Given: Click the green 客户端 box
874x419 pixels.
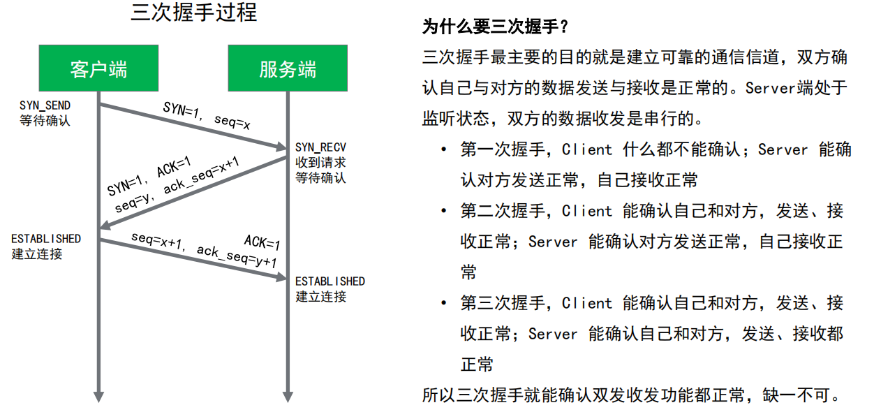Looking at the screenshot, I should point(98,68).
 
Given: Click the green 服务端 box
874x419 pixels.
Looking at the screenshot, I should point(288,68).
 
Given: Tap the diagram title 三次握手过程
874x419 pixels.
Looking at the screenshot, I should point(193,13).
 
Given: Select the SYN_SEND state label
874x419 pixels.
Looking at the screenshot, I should point(45,105).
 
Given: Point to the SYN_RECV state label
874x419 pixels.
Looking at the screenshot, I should point(320,147).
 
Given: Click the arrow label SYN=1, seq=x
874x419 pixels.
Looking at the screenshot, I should point(207,115).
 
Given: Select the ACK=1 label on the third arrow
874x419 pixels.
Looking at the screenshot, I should point(262,242).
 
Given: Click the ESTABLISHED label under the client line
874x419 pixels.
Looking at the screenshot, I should point(46,239).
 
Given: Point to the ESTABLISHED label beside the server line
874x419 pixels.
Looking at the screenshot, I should point(330,281).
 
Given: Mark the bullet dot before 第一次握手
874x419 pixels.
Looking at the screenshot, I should point(443,150).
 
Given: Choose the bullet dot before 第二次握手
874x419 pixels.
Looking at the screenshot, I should point(443,211).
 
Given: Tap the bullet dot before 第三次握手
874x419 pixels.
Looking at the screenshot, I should point(443,303).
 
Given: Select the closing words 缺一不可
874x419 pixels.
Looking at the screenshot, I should point(805,395).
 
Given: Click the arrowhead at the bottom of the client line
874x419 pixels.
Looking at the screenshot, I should point(98,395).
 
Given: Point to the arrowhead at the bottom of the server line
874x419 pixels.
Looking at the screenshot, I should point(288,395).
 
